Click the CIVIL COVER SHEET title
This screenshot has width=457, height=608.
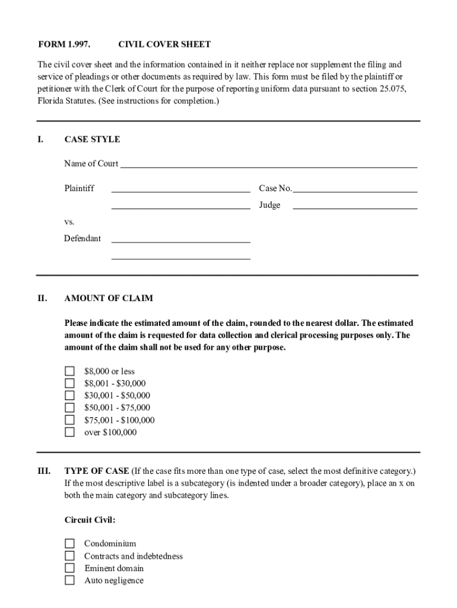pyautogui.click(x=164, y=45)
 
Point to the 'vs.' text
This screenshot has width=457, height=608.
pyautogui.click(x=69, y=221)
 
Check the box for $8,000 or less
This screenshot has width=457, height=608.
pyautogui.click(x=69, y=372)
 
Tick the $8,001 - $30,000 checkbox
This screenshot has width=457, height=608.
pyautogui.click(x=69, y=384)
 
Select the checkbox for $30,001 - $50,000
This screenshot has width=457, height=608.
pyautogui.click(x=69, y=395)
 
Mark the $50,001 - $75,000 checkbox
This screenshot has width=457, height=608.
pyautogui.click(x=69, y=408)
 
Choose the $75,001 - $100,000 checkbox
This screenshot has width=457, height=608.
pyautogui.click(x=69, y=420)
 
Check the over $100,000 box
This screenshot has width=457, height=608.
pyautogui.click(x=69, y=432)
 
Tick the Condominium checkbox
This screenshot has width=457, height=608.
pyautogui.click(x=69, y=543)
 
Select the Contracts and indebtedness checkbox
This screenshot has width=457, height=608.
pyautogui.click(x=69, y=556)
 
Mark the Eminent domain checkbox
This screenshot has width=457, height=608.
pyautogui.click(x=69, y=568)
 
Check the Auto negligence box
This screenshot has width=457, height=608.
pyautogui.click(x=69, y=580)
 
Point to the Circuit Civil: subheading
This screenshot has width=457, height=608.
pyautogui.click(x=90, y=520)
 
